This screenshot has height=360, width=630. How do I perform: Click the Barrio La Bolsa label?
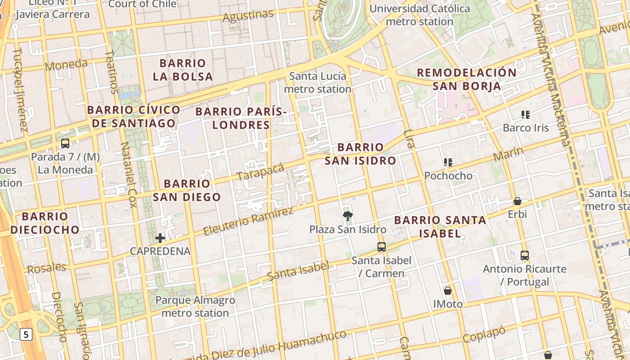[x=183, y=70]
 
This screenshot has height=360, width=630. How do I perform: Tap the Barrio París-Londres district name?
[x=241, y=118]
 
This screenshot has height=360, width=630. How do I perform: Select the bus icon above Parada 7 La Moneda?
[x=65, y=144]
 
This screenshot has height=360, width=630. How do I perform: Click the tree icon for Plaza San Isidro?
[x=347, y=216]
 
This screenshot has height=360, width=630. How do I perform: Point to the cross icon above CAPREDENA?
[x=160, y=238]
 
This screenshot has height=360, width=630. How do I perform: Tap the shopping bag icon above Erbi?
[x=517, y=201]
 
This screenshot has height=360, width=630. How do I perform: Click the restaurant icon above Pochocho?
[x=448, y=162]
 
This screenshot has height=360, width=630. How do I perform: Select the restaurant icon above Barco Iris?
[x=525, y=115]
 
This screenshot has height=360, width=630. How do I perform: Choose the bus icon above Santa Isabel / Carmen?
[x=381, y=247]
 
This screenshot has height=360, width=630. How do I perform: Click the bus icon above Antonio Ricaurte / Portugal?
[x=524, y=256]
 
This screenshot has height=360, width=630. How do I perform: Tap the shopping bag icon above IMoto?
[x=447, y=291]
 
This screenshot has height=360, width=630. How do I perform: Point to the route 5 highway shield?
[x=27, y=334]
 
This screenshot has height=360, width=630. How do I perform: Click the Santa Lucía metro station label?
[x=318, y=82]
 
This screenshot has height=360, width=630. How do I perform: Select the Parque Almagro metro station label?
[x=195, y=306]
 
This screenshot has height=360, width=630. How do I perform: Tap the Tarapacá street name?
[x=261, y=171]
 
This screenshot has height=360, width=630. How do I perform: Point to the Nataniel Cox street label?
[x=128, y=175]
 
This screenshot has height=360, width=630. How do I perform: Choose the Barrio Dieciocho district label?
[x=45, y=223]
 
